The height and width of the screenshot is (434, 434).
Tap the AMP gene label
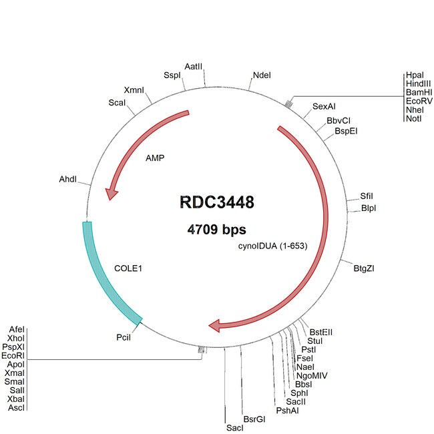pos(155,159)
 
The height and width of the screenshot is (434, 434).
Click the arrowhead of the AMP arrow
pos(112,193)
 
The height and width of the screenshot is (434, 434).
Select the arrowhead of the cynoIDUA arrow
pos(215,325)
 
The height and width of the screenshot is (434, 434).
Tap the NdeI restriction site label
pos(262,75)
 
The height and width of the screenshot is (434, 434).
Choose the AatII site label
pos(194,67)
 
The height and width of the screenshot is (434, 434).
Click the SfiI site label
pos(367,196)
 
